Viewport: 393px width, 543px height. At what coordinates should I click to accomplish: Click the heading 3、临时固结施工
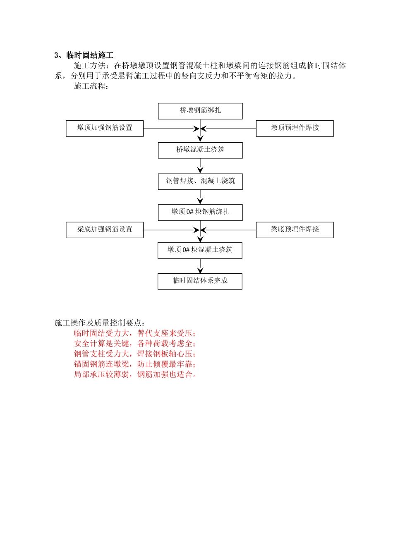[84, 55]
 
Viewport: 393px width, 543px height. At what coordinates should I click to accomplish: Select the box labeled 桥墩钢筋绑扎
[200, 111]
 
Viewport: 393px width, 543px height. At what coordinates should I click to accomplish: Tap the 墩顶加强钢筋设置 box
[105, 128]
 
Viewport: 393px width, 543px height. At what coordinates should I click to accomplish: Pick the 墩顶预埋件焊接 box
[295, 128]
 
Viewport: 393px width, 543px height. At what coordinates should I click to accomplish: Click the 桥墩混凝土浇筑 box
[200, 150]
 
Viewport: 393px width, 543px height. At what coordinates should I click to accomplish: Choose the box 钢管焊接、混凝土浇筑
[200, 181]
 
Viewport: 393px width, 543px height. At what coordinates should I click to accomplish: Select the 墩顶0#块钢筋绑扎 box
[200, 212]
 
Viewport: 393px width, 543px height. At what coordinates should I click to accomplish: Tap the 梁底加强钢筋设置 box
[105, 230]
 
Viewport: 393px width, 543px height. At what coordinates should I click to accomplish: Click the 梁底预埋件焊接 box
[295, 230]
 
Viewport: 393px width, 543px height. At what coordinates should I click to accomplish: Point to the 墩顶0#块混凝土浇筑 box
[200, 250]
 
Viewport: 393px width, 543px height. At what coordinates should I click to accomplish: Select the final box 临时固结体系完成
[200, 281]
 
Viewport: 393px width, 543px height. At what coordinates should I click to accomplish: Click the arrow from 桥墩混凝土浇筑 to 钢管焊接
[200, 166]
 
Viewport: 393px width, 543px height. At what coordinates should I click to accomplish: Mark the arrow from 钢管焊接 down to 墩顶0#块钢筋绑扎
[200, 197]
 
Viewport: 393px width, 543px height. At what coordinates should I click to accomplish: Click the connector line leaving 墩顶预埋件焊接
[232, 129]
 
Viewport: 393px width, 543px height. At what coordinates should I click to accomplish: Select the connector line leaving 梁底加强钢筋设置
[170, 230]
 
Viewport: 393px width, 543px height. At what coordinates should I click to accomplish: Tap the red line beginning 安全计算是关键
[135, 344]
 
